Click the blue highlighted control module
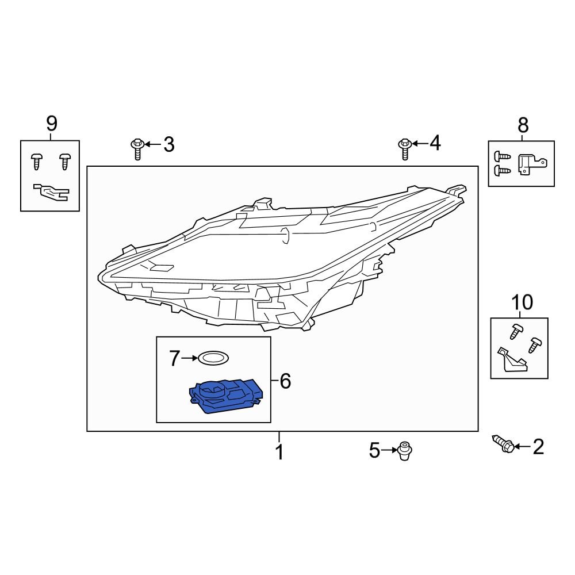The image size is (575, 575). click(226, 396)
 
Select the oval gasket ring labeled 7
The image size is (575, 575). click(213, 358)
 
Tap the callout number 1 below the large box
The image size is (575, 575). click(279, 452)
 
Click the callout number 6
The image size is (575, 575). click(285, 381)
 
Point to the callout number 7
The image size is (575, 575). click(175, 358)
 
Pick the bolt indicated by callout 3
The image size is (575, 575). click(137, 149)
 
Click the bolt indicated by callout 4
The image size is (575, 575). click(404, 149)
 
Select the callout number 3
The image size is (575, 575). click(168, 144)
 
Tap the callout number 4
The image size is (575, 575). click(435, 143)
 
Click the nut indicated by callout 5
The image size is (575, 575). click(404, 451)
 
